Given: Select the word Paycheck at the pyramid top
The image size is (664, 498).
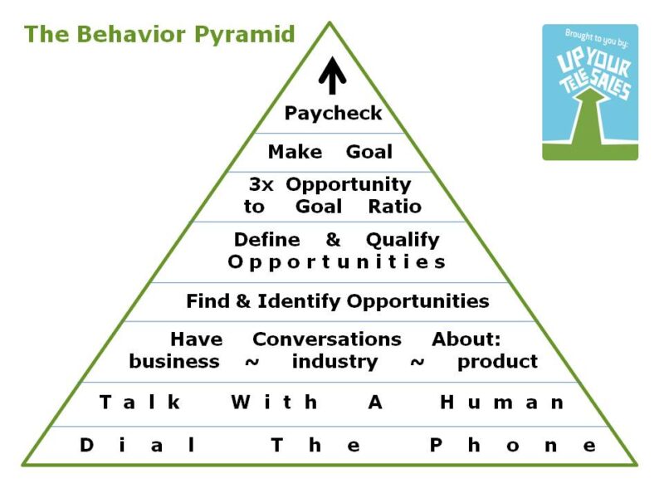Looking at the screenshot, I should point(333,113).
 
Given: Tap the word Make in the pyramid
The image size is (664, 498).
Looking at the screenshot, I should point(295,153).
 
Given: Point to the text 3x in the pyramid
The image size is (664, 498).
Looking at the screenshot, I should point(262,184).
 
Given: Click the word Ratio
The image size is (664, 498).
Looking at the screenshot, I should point(395,207).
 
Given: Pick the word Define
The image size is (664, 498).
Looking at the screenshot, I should point(266,240).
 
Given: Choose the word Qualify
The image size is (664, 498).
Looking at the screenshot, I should point(403,240).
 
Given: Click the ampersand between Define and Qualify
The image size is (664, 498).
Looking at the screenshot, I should point(333,240).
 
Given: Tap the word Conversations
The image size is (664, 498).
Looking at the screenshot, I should point(326,339).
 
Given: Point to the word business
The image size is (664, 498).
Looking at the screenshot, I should point(174,362).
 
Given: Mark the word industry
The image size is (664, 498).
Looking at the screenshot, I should point(334,362).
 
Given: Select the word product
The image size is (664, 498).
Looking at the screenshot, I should point(497,362).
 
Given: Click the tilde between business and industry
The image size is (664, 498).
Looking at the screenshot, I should point(251,362).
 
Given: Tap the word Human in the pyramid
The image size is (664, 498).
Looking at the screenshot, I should point(501,403).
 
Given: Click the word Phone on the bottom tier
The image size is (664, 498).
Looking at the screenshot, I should point(512,445).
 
